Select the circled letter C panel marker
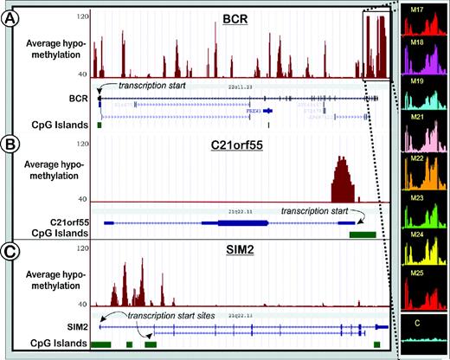[x=12, y=253]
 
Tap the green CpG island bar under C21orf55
[x=362, y=233]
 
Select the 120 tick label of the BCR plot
[x=81, y=16]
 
